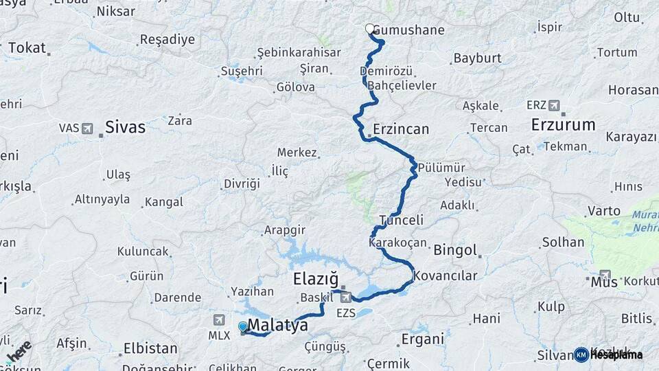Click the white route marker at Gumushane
pyautogui.click(x=370, y=29)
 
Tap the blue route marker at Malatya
pyautogui.click(x=243, y=326)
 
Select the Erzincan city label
pyautogui.click(x=401, y=129)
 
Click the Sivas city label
pyautogui.click(x=125, y=127)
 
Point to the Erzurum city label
pyautogui.click(x=563, y=124)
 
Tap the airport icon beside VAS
pyautogui.click(x=87, y=128)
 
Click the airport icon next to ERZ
pyautogui.click(x=554, y=105)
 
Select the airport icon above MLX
pyautogui.click(x=218, y=319)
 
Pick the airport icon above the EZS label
pyautogui.click(x=346, y=297)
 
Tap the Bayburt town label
pyautogui.click(x=478, y=58)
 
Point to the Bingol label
pyautogui.click(x=454, y=249)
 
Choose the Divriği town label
pyautogui.click(x=242, y=184)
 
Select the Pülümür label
pyautogui.click(x=441, y=168)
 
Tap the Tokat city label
pyautogui.click(x=27, y=48)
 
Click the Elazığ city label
pyautogui.click(x=316, y=279)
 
